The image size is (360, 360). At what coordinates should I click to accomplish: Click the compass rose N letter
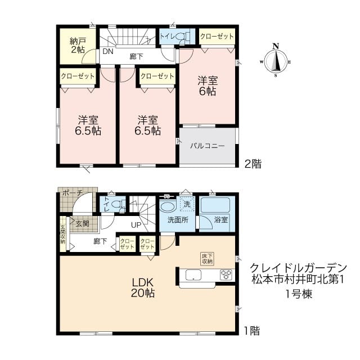pos(276,46)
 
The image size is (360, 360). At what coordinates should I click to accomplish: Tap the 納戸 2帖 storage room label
pos(78,46)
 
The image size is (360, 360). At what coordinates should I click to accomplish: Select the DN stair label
pos(108,51)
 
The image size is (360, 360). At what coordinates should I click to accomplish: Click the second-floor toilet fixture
pos(184,37)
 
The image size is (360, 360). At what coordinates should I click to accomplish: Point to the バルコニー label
pos(208,146)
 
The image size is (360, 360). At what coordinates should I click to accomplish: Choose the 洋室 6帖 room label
pos(208,86)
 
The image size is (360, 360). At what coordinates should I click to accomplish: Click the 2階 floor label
pos(253,164)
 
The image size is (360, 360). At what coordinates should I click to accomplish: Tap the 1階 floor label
pos(252,331)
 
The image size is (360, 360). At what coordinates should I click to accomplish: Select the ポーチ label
pos(73,193)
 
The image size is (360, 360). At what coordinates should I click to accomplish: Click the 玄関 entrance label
pos(83,223)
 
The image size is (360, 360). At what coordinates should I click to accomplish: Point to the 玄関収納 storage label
pos(62,234)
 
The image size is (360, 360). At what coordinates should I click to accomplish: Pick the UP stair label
pos(136,225)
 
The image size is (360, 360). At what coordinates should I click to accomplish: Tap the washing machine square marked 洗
pos(187,204)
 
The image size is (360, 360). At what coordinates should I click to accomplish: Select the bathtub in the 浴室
pos(215,205)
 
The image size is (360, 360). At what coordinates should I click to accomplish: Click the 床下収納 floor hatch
pos(208,259)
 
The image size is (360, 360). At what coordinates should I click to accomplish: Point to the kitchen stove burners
pos(226,274)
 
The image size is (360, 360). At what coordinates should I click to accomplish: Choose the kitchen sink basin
pos(193,275)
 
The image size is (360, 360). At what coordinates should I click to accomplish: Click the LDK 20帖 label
pos(142,287)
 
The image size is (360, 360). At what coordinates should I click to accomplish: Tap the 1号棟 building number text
pos(299,294)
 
